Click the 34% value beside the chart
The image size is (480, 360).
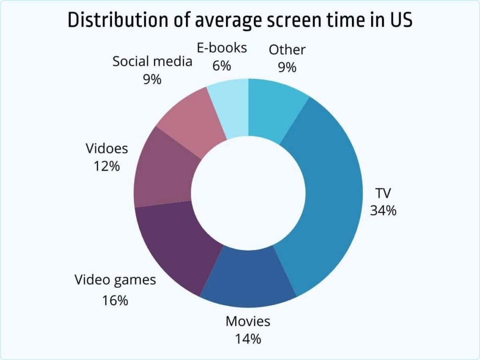click(x=383, y=210)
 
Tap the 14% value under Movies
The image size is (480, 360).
click(x=248, y=338)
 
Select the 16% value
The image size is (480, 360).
click(x=115, y=300)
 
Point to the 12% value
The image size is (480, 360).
click(x=107, y=166)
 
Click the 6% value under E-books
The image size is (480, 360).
click(x=222, y=66)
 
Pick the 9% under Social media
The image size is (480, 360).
click(x=152, y=79)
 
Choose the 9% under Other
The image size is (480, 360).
click(x=287, y=67)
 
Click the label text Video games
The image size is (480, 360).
click(x=115, y=280)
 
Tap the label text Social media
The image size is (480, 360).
click(x=152, y=61)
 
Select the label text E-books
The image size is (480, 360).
click(x=222, y=48)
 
